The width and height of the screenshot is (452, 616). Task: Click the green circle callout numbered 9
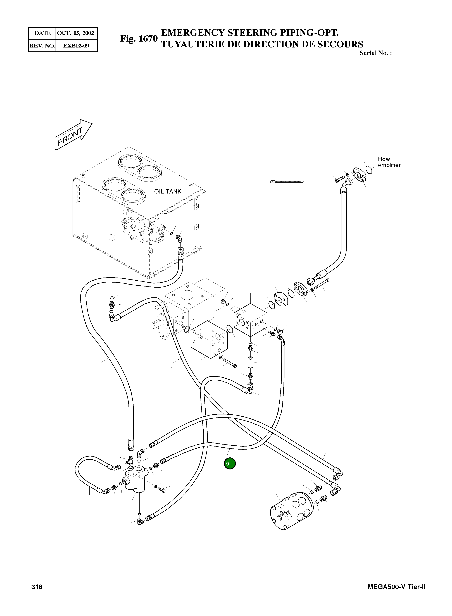pos(230,463)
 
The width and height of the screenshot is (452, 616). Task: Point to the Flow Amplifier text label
pos(389,162)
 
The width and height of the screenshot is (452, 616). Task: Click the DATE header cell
pos(42,33)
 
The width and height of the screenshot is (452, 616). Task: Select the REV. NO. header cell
pos(42,46)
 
